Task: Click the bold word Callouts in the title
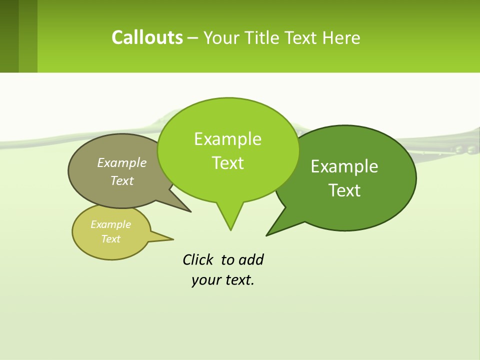(x=147, y=37)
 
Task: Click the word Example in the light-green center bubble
(x=227, y=139)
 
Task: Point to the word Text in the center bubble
(x=227, y=163)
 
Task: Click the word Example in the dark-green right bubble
(x=344, y=166)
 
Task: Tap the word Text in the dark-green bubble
(x=344, y=190)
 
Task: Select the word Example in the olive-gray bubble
(x=121, y=162)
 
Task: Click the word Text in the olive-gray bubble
(x=121, y=180)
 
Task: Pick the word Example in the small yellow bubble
(x=110, y=224)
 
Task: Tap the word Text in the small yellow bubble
(x=110, y=239)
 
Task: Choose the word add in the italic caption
(x=251, y=259)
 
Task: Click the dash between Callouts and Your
(x=193, y=37)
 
